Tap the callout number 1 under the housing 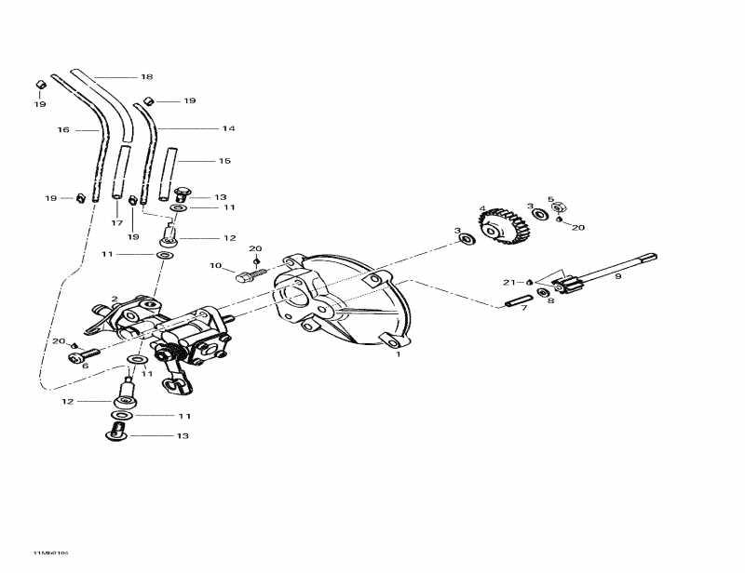pyautogui.click(x=398, y=354)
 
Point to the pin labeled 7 pyautogui.click(x=519, y=298)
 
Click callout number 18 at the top pyautogui.click(x=146, y=76)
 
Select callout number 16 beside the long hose pyautogui.click(x=63, y=130)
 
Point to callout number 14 pyautogui.click(x=228, y=128)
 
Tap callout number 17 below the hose pyautogui.click(x=117, y=223)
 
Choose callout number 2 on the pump pyautogui.click(x=115, y=300)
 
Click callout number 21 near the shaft pyautogui.click(x=508, y=282)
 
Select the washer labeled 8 pyautogui.click(x=541, y=291)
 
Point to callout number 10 pyautogui.click(x=215, y=267)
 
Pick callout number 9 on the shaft pyautogui.click(x=618, y=275)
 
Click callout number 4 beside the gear pyautogui.click(x=482, y=208)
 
